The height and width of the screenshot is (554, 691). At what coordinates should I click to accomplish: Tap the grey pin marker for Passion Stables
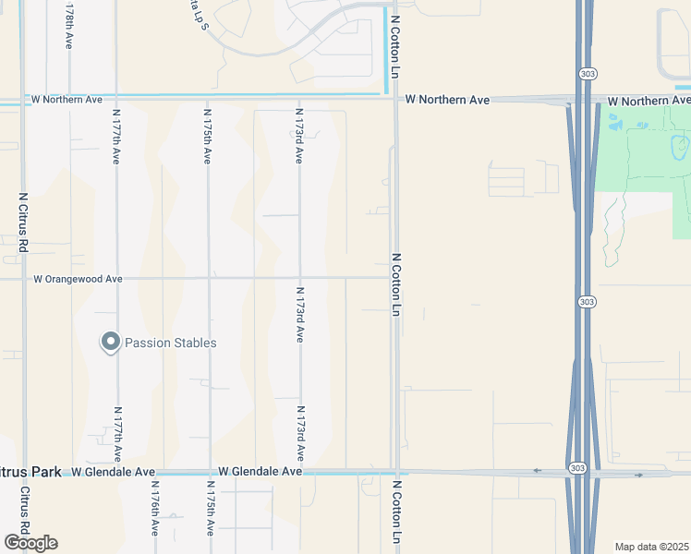coord(110,343)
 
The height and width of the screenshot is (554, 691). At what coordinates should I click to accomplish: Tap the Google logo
coord(30,543)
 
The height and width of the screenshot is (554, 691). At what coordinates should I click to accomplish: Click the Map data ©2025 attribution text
coord(652,547)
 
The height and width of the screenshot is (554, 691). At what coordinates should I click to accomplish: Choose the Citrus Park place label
coord(30,472)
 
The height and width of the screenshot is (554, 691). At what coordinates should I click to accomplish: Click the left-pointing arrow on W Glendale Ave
coord(537,470)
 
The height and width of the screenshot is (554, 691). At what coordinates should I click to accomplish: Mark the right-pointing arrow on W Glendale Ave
coord(638,476)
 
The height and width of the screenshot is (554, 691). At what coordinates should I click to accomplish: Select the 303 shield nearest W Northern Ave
coord(588,72)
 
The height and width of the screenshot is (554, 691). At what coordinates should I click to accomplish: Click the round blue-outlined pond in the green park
coord(681,144)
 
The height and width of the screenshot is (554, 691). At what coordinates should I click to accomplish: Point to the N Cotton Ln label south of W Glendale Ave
coord(398,512)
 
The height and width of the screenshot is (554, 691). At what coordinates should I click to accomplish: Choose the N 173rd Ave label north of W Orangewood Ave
coord(299,137)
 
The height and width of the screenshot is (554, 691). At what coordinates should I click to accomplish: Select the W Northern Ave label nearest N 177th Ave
coord(67,99)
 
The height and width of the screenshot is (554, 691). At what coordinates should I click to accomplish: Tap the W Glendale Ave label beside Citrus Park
coord(113,472)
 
